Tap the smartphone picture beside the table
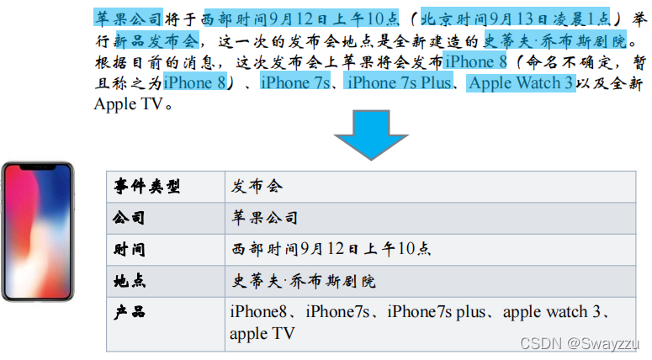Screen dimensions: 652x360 pos(37,231)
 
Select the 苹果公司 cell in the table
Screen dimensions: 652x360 pos(265,218)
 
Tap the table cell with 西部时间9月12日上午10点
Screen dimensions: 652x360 pos(331,249)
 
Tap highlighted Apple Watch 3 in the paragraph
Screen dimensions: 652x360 pos(521,82)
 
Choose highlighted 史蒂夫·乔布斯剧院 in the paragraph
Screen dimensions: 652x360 pos(555,40)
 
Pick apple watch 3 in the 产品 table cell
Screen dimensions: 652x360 pos(551,312)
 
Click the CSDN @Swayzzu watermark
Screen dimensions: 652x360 pos(580,343)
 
